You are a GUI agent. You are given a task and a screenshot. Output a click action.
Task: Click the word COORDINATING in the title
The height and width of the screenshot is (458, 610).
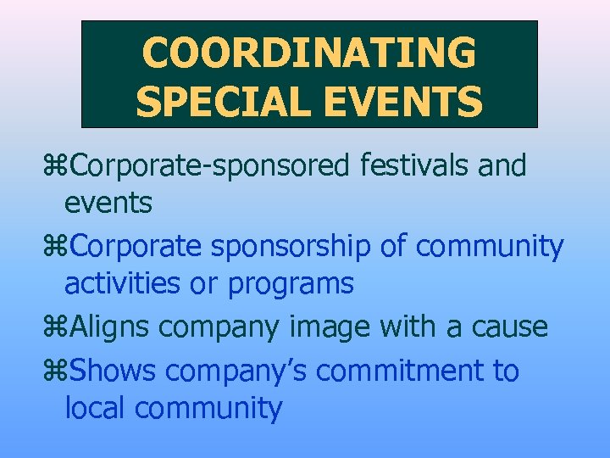pos(309,53)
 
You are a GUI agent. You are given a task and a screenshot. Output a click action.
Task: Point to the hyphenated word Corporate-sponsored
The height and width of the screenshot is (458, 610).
pos(210,165)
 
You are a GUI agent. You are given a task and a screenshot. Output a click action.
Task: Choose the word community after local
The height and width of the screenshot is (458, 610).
pos(208,410)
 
